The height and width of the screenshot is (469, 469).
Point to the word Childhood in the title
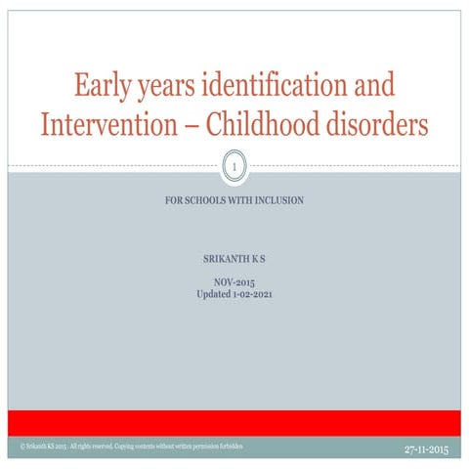pos(283,126)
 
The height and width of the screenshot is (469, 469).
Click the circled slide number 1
pos(234,170)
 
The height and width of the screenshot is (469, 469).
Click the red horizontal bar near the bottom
pos(234,423)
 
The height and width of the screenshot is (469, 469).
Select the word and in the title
pos(375,86)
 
